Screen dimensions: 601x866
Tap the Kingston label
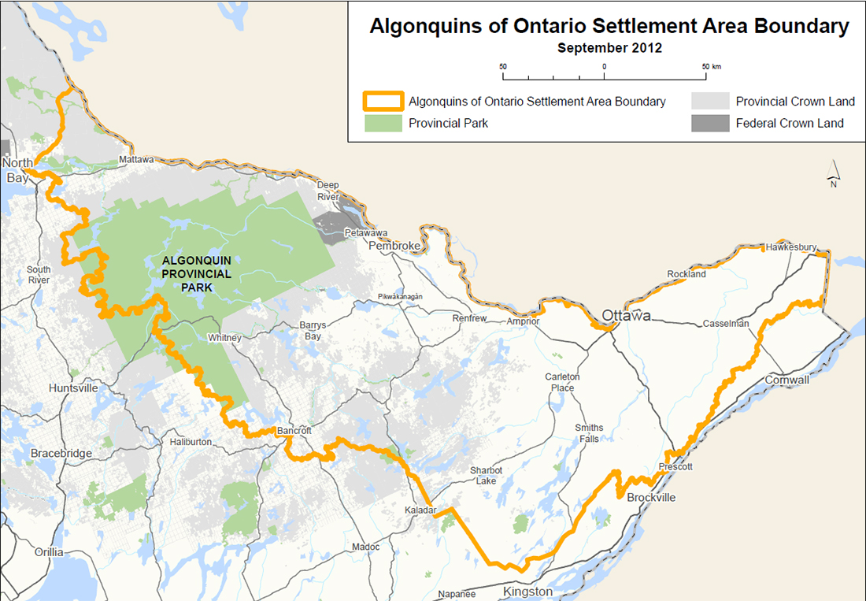tap(527, 592)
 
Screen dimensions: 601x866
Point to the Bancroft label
tap(294, 431)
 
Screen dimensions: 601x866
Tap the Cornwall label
tap(786, 380)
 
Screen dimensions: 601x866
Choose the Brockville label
tap(651, 498)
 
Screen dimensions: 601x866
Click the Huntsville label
tap(73, 388)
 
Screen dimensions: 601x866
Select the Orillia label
tap(49, 552)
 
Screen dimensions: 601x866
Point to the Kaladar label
tap(420, 510)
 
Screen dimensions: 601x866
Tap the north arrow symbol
tap(833, 170)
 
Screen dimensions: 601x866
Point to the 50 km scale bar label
tap(710, 66)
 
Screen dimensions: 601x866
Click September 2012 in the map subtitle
tap(609, 47)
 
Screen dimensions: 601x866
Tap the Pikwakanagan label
tap(401, 296)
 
